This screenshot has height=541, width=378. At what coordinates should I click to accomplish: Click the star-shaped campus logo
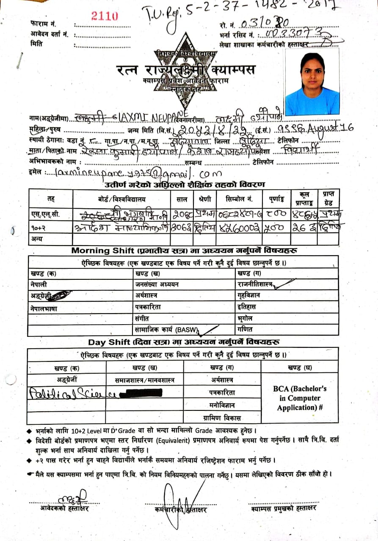point(185,70)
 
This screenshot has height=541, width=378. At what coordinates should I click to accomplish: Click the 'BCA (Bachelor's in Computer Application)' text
point(300,398)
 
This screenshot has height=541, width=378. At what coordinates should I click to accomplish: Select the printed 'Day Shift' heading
point(109,342)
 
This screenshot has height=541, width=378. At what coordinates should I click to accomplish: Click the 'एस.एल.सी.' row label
point(46,214)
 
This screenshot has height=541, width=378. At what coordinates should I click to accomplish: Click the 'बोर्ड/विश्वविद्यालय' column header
point(121,198)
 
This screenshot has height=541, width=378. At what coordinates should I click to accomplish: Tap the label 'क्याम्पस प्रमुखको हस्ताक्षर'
point(283,508)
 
